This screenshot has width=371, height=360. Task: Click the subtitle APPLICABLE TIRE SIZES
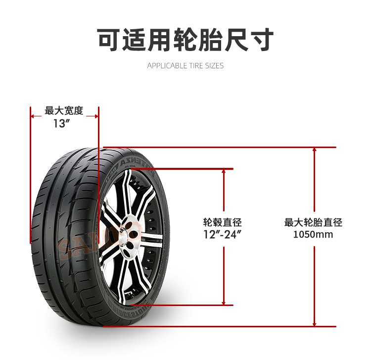[185, 66]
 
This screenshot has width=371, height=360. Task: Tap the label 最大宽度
[64, 110]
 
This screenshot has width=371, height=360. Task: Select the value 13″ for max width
[60, 123]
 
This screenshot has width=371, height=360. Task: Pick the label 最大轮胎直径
[313, 222]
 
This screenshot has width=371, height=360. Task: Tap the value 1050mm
[313, 234]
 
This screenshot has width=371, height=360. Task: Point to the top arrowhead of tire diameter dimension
[315, 150]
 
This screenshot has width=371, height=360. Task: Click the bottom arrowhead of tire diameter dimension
[315, 324]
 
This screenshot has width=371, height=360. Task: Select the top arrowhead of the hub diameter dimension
[224, 171]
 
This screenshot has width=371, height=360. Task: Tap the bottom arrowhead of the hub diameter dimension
[224, 303]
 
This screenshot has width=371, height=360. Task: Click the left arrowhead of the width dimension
[33, 116]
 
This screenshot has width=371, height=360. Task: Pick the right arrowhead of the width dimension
[96, 116]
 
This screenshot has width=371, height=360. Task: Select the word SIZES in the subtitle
[215, 66]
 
